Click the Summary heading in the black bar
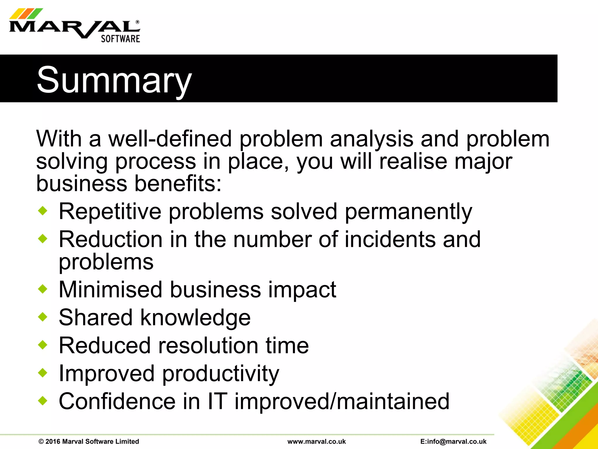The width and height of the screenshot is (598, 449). click(114, 80)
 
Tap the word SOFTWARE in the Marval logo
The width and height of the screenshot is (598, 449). click(120, 39)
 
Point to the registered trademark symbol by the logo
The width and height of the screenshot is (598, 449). click(137, 22)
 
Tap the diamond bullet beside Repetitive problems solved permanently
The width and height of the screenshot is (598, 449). click(43, 211)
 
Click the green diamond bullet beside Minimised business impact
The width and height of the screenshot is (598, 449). click(43, 289)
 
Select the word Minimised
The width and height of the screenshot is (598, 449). click(110, 289)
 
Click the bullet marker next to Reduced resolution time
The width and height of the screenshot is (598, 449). click(43, 345)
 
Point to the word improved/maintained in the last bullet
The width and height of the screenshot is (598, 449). click(342, 401)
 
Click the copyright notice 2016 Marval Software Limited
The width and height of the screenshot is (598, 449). click(89, 441)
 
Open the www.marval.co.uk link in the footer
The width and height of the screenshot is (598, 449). click(317, 441)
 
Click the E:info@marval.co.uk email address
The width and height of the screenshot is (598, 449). click(453, 441)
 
